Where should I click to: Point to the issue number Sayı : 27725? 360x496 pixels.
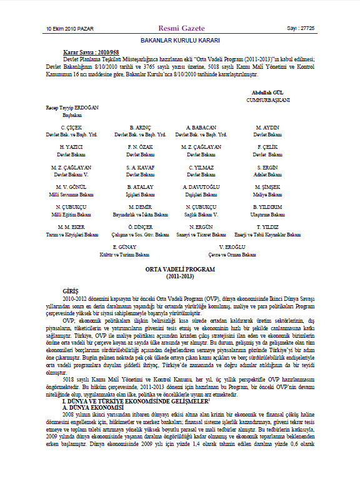(x=301, y=29)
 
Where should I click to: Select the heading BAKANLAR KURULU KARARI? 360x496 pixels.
(x=180, y=39)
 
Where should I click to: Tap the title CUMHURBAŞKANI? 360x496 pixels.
(x=267, y=99)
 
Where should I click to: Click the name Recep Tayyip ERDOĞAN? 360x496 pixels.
(x=73, y=108)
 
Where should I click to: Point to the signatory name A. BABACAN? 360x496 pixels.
(x=201, y=128)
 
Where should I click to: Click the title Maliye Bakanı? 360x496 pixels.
(x=267, y=195)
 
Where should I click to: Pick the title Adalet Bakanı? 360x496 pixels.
(x=267, y=175)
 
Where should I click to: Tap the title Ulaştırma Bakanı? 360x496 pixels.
(x=267, y=215)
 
